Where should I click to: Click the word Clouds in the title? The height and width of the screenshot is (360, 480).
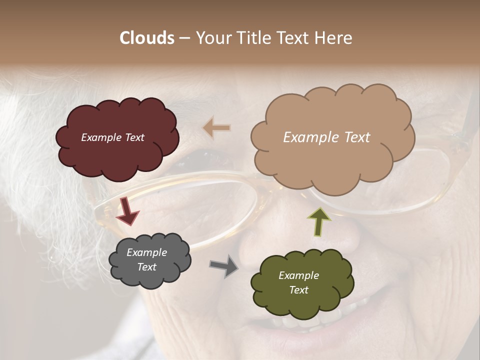147,38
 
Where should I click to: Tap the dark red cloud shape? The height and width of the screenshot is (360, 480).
117,150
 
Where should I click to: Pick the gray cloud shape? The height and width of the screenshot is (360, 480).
150,275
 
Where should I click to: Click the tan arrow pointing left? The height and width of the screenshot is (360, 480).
216,128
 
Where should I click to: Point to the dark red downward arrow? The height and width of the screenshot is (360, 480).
127,210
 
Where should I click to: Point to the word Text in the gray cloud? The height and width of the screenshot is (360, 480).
146,267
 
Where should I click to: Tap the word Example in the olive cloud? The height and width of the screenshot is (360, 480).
298,275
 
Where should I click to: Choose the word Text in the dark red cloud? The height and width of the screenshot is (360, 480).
133,137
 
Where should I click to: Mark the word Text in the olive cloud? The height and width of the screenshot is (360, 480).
298,290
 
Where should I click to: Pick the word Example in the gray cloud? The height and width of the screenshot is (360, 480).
147,252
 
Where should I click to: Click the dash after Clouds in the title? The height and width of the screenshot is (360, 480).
184,38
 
